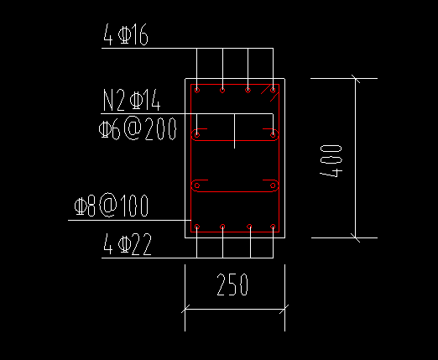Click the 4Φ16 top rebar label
(126, 34)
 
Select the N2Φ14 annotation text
(132, 100)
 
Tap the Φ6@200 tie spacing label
(138, 128)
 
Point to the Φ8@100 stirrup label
(112, 206)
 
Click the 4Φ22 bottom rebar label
(128, 244)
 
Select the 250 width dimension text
(232, 284)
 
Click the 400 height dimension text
(331, 161)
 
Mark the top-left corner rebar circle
(197, 90)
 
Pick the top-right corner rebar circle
(273, 90)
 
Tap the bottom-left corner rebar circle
(197, 227)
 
